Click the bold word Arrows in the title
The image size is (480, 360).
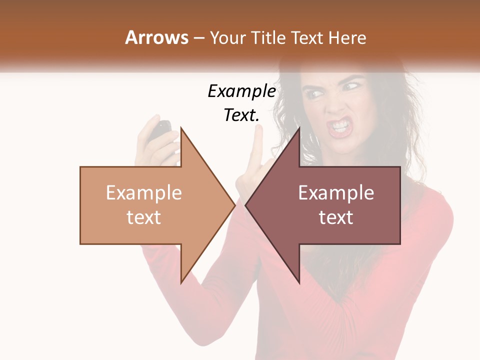tap(157, 37)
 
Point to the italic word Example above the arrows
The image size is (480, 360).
tap(241, 92)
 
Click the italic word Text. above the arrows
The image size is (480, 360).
tap(241, 115)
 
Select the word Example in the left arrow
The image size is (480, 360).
tap(144, 193)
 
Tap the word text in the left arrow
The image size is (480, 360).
tap(144, 217)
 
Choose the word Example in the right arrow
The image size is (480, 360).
tap(336, 193)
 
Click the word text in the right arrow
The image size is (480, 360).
tap(336, 217)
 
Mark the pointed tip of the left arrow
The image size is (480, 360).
tap(235, 205)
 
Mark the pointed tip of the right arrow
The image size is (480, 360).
tap(245, 205)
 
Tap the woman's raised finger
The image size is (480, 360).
tap(258, 137)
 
